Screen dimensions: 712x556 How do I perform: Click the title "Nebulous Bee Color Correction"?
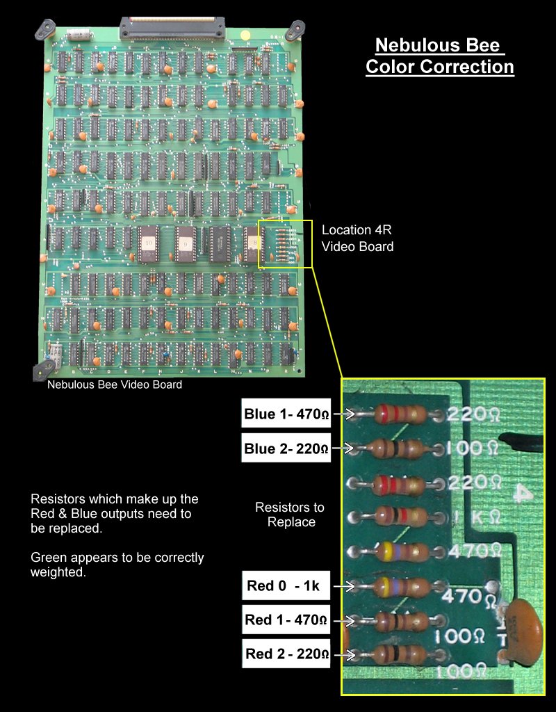point(440,56)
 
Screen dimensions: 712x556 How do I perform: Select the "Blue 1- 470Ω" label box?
point(286,415)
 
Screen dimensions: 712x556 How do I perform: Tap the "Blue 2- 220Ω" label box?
point(286,449)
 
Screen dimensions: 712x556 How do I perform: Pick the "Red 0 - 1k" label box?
point(286,586)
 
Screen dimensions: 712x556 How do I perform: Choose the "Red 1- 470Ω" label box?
point(286,620)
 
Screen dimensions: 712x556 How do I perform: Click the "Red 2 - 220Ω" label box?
point(286,654)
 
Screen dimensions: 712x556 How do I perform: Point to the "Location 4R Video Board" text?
point(357,238)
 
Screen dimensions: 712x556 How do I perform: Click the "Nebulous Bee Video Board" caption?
point(115,385)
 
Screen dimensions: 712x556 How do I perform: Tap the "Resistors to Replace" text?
point(290,515)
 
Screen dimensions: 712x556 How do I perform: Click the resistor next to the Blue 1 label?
point(399,415)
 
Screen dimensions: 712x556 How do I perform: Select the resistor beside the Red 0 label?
point(399,586)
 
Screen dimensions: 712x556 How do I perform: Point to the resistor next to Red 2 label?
point(399,654)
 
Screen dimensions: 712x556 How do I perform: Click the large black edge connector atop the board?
point(173,28)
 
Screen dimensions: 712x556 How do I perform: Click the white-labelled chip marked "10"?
point(149,243)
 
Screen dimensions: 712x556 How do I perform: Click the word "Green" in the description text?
point(49,558)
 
